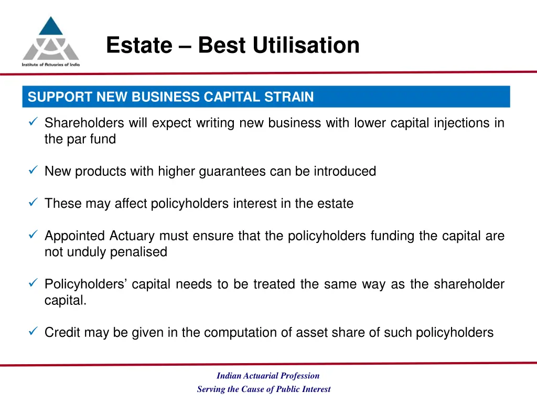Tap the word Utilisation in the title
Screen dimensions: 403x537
[x=306, y=45]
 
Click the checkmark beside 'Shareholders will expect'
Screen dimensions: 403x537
[x=33, y=123]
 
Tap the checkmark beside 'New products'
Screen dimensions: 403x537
[x=33, y=171]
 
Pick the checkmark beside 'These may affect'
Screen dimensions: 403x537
[x=33, y=203]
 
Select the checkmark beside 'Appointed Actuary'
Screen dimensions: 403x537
[x=33, y=236]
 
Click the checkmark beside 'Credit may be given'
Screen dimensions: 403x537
[x=33, y=332]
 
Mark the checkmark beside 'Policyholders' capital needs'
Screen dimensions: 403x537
[x=33, y=284]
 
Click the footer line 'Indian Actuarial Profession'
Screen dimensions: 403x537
[x=268, y=376]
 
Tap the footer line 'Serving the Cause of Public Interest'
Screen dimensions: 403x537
[x=264, y=389]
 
